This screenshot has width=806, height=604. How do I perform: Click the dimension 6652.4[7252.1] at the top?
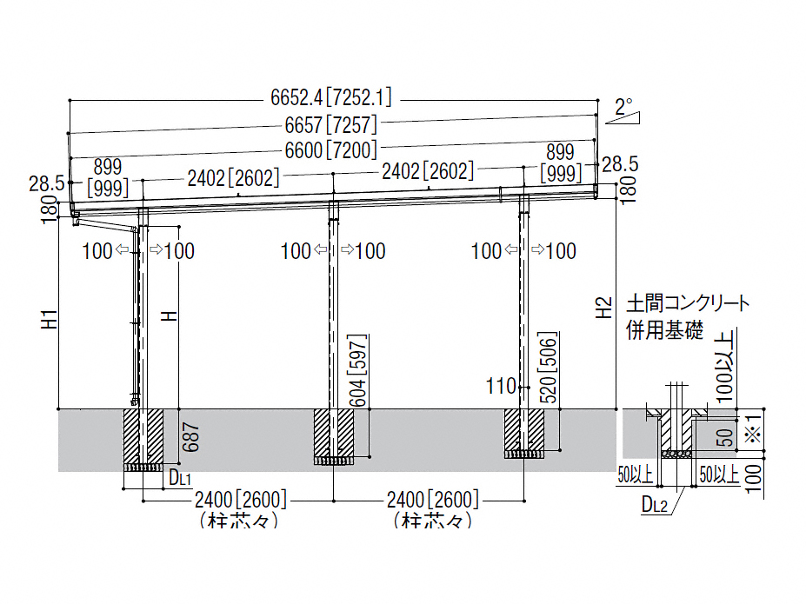(332, 97)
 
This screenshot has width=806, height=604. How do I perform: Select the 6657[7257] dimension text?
(332, 125)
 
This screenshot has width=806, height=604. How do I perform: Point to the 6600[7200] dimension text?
(332, 149)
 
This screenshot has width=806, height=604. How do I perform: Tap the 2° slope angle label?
(623, 109)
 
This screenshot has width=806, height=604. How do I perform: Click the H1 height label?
(50, 319)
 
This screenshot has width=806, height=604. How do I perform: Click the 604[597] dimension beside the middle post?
(359, 368)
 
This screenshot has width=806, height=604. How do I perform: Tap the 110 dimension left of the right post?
(502, 386)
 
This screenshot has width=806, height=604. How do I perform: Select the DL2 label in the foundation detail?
(654, 503)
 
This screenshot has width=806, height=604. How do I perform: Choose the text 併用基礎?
(664, 331)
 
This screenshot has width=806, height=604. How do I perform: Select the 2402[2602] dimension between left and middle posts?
(233, 178)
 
